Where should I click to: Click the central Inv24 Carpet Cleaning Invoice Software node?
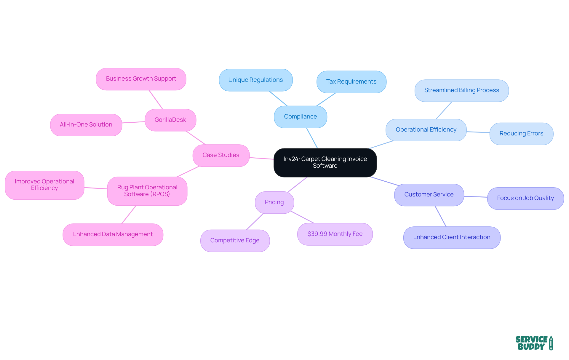point(325,162)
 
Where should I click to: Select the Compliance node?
point(300,117)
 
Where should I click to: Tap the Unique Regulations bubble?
point(255,80)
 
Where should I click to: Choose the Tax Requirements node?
point(351,82)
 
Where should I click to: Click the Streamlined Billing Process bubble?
point(461,90)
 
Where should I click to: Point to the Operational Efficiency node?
point(426,130)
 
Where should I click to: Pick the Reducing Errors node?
point(521,134)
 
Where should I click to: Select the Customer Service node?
point(429,195)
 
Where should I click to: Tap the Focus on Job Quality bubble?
point(525,198)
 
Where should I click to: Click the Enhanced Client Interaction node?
point(452,237)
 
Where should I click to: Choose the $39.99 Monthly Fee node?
point(335,234)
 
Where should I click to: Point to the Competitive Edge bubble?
point(235,241)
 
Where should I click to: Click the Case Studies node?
point(221,155)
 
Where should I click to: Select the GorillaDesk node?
point(170,120)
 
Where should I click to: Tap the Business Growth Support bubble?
point(141,79)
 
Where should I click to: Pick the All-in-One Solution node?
point(86,125)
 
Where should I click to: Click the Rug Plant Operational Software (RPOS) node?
point(147,191)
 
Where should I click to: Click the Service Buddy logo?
point(534,343)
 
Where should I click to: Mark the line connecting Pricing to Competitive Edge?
point(255,222)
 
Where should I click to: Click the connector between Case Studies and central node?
point(261,158)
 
